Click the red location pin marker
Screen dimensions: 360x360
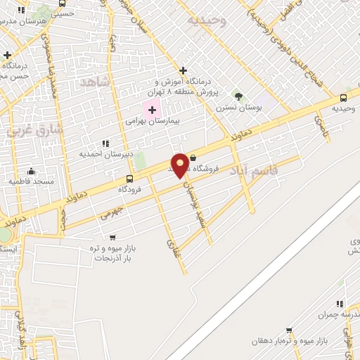[180, 166]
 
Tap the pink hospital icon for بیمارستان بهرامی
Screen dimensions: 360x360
[152, 110]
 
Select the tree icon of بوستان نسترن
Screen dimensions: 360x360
[238, 96]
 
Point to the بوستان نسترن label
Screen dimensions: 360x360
[238, 108]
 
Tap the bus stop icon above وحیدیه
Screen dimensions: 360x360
[343, 98]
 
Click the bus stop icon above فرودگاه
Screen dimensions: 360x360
[129, 179]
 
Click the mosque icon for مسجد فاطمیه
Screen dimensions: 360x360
[31, 171]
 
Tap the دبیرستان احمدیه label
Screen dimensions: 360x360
[101, 154]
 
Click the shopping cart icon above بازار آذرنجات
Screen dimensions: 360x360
[113, 237]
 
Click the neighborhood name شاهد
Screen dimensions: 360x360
[96, 82]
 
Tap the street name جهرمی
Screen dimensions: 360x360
[110, 213]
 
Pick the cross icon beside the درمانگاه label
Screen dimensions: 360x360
[183, 70]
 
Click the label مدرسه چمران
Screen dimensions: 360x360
[337, 314]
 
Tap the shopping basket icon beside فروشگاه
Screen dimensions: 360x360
[193, 159]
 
